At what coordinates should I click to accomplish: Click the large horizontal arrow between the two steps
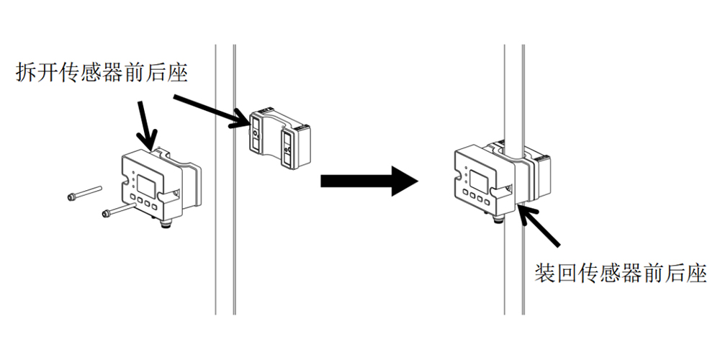tap(368, 180)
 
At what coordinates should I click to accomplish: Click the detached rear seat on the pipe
tap(279, 138)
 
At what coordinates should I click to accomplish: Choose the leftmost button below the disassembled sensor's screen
tap(134, 204)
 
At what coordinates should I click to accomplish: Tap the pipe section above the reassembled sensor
tap(513, 86)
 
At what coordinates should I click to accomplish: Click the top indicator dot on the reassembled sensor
tap(467, 169)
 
